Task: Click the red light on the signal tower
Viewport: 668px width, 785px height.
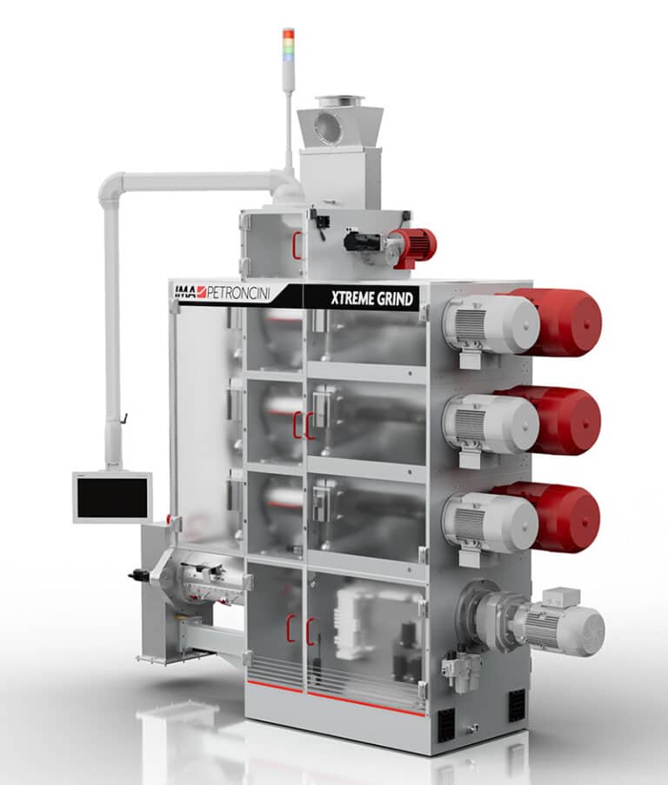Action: click(289, 34)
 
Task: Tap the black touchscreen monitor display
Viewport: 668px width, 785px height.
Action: click(113, 497)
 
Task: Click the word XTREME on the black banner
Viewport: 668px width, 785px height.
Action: click(352, 298)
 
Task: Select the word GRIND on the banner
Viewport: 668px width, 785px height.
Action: click(395, 299)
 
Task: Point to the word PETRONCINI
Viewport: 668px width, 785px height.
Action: click(237, 293)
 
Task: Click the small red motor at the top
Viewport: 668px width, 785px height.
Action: click(415, 247)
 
